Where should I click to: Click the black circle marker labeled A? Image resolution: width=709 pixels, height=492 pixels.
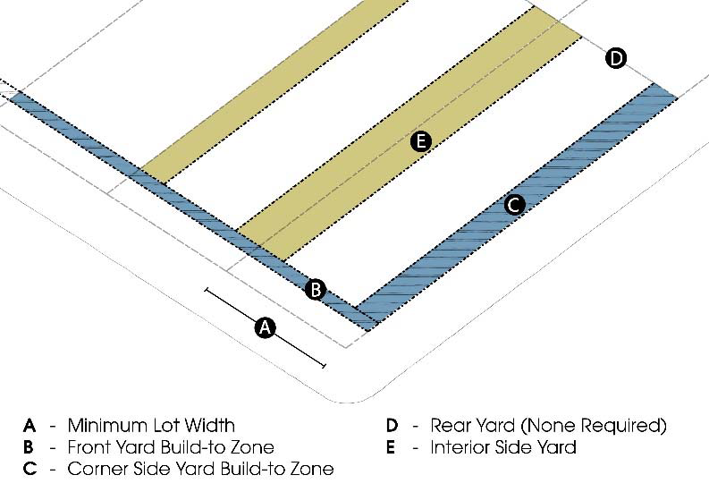tap(264, 327)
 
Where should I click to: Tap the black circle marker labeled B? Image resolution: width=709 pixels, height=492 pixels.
tap(315, 289)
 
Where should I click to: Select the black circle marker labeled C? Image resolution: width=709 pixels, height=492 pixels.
tap(513, 205)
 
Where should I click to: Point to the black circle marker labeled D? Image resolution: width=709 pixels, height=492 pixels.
tap(615, 59)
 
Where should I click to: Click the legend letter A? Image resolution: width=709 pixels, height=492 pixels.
tap(30, 425)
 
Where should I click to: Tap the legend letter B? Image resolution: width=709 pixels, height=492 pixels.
tap(30, 446)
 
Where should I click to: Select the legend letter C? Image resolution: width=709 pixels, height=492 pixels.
tap(30, 469)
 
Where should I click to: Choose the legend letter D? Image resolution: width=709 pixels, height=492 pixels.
tap(392, 425)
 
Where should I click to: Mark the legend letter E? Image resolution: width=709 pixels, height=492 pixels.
tap(391, 446)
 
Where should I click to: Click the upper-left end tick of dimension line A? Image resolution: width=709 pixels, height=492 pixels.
tap(207, 290)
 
